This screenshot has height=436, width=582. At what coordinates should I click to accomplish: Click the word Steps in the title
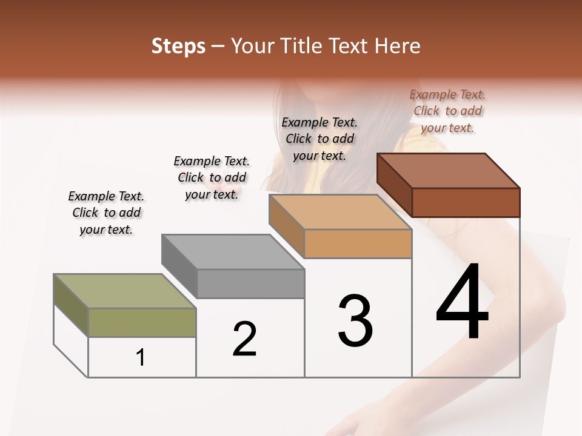click(x=178, y=46)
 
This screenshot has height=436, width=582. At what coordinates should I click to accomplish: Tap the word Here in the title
click(x=397, y=46)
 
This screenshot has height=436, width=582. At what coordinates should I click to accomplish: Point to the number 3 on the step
click(x=355, y=320)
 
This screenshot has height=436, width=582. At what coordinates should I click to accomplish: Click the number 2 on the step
click(x=244, y=339)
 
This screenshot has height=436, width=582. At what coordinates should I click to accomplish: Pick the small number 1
click(x=141, y=358)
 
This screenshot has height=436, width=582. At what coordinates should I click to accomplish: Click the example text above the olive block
click(x=106, y=213)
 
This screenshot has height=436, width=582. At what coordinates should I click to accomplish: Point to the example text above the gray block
click(x=212, y=177)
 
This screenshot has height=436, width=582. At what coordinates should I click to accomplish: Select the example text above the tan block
click(x=319, y=139)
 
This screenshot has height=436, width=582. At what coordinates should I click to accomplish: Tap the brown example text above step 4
click(x=447, y=111)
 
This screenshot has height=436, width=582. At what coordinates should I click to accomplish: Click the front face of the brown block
click(x=466, y=202)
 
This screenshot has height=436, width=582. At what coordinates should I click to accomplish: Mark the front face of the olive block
click(x=142, y=322)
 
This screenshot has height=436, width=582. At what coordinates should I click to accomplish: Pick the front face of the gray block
click(x=250, y=283)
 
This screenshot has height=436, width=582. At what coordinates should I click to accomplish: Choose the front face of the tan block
click(x=358, y=244)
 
